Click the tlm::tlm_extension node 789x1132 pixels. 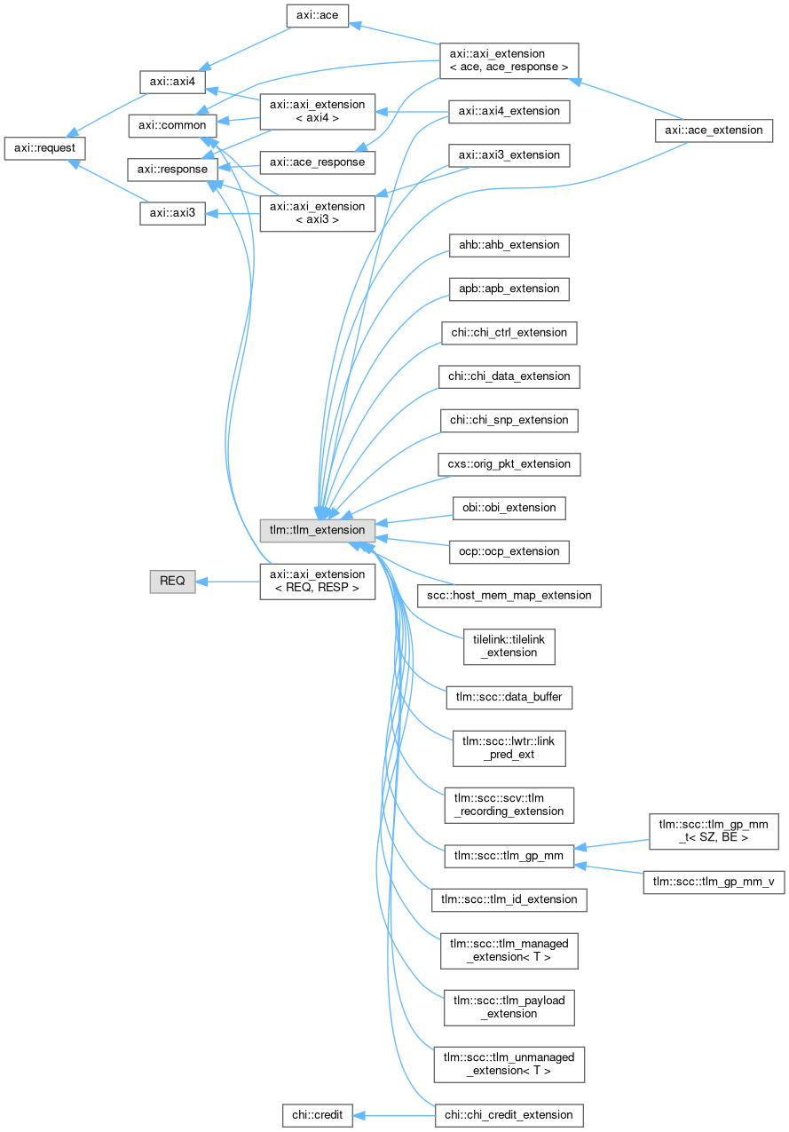click(x=317, y=530)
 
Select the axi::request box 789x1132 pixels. click(x=44, y=148)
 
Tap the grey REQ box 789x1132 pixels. click(x=172, y=581)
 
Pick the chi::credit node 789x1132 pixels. click(x=317, y=1113)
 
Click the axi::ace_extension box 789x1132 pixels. click(x=714, y=130)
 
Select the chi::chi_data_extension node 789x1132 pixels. click(x=509, y=376)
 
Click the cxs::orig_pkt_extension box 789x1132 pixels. click(x=509, y=463)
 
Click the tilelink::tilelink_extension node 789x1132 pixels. click(x=509, y=645)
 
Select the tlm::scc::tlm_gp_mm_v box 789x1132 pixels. click(x=714, y=882)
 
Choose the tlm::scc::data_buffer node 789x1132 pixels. click(x=509, y=698)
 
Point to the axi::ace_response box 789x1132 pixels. click(x=317, y=162)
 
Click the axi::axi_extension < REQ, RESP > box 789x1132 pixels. click(x=317, y=581)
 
